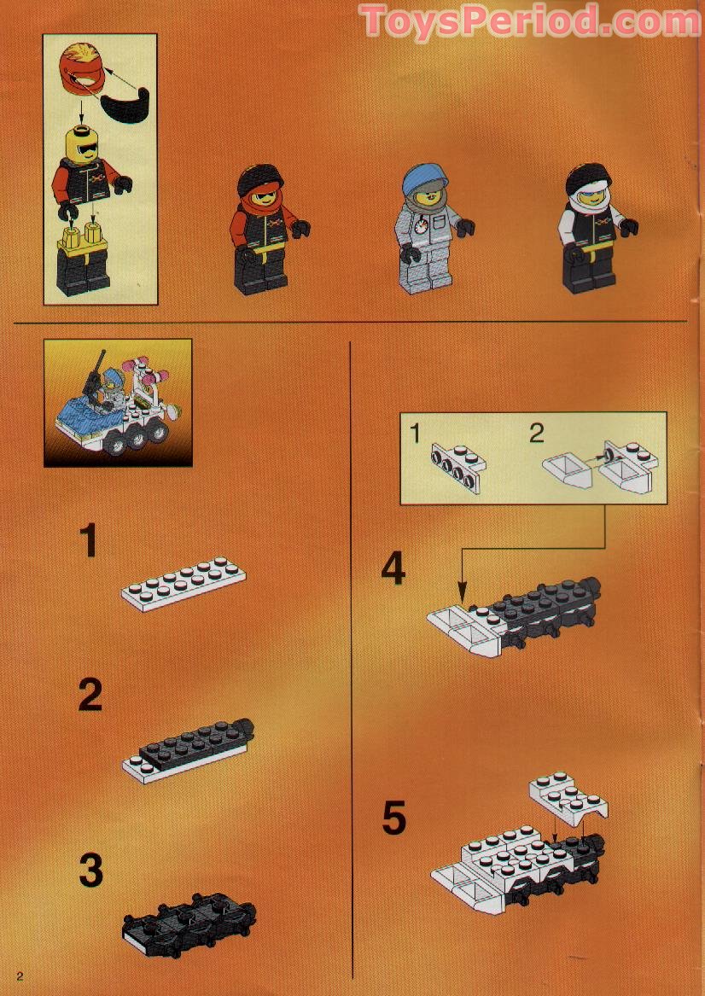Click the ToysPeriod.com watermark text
click(529, 21)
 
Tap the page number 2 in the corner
click(19, 976)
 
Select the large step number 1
click(90, 542)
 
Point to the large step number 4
click(393, 569)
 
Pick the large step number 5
click(393, 818)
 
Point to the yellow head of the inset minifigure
click(82, 144)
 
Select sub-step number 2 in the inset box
click(536, 434)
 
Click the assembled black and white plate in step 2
click(191, 748)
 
